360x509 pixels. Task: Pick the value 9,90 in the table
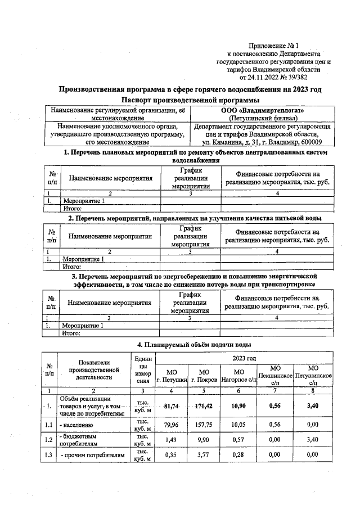(x=204, y=453)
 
